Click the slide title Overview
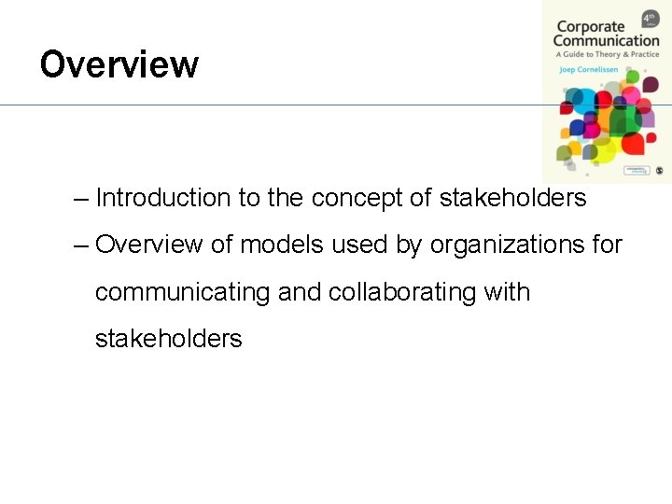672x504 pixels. pyautogui.click(x=119, y=65)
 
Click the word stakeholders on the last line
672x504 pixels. pyautogui.click(x=168, y=338)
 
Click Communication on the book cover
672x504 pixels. pyautogui.click(x=606, y=41)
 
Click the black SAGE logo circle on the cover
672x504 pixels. pyautogui.click(x=659, y=171)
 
